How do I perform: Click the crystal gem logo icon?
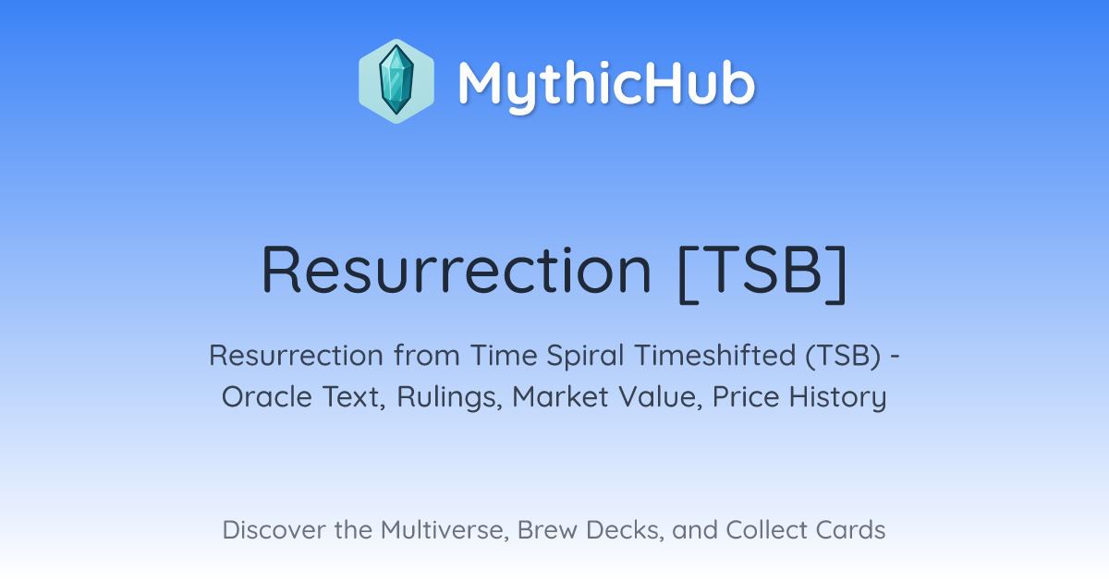point(396,81)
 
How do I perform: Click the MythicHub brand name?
point(606,84)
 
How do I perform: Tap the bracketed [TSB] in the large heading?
point(762,273)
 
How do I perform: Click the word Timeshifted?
point(715,355)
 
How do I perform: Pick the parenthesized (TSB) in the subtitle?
point(843,356)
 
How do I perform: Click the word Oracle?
point(266,396)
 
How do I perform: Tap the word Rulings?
point(449,397)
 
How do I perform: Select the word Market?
point(560,396)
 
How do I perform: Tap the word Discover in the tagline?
point(274,529)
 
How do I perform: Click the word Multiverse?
point(445,530)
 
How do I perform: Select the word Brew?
point(547,529)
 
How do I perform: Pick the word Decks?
point(625,530)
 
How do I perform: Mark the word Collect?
point(766,529)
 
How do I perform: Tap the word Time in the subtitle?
point(504,355)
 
